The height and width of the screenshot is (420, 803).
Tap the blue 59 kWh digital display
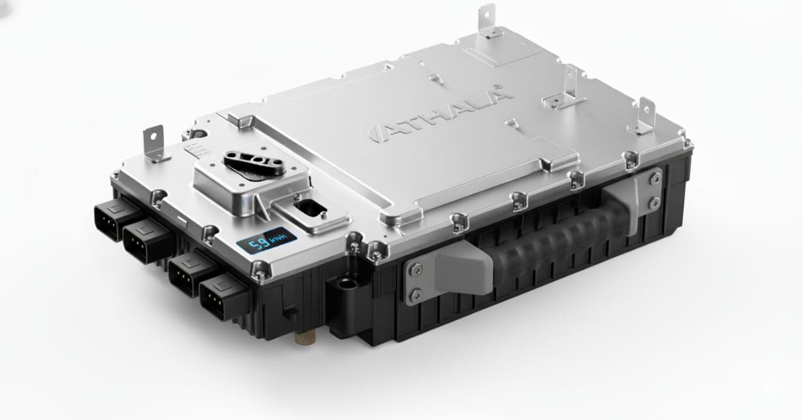click(x=265, y=240)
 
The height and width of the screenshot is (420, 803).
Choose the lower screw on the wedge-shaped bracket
click(x=415, y=294)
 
